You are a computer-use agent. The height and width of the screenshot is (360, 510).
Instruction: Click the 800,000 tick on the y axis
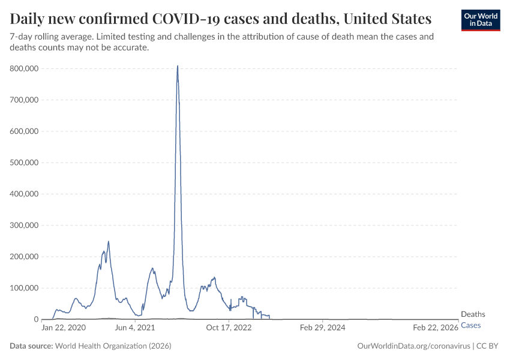coord(25,69)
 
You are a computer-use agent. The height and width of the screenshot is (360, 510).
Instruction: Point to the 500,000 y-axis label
coord(25,163)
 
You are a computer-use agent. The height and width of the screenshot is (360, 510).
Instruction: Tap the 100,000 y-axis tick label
coord(25,288)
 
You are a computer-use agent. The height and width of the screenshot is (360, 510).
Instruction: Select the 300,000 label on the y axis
coord(25,226)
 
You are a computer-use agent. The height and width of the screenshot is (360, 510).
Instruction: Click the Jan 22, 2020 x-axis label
coord(63,328)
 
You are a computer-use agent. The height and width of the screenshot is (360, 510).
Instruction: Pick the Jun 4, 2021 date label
coord(134,328)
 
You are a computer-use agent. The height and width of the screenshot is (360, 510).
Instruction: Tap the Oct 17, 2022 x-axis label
coord(229,328)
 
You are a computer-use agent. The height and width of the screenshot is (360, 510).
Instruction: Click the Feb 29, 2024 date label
coord(322,328)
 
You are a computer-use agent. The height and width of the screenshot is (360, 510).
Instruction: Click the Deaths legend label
coord(473,314)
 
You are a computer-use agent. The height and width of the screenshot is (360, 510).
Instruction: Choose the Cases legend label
coord(470,325)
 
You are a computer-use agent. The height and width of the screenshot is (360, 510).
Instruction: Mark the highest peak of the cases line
coord(178,66)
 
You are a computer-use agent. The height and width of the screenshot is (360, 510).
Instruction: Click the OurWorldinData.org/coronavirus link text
coord(413,346)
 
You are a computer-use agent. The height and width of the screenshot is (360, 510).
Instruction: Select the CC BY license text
coord(488,346)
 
